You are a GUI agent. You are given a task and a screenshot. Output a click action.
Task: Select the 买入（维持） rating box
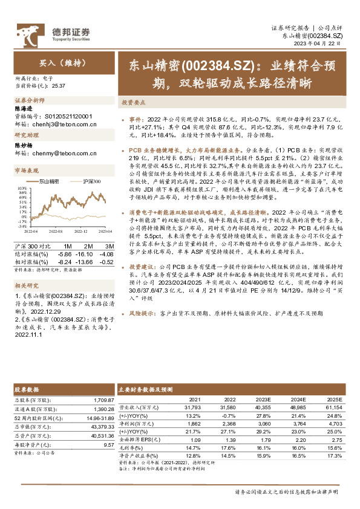[x=64, y=62]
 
